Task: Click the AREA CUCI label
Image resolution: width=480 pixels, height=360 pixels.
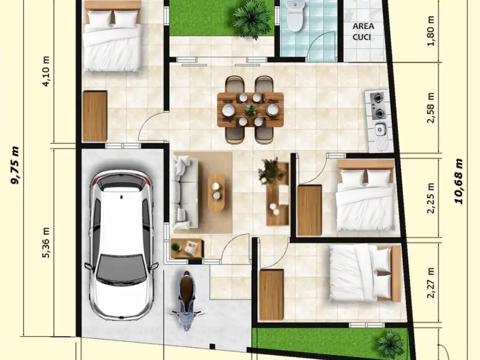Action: (x=364, y=31)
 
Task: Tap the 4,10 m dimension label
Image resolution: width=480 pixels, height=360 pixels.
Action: (x=47, y=71)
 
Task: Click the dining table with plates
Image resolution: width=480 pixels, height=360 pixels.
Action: (x=250, y=110)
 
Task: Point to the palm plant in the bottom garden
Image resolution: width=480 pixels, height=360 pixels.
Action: (x=390, y=344)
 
